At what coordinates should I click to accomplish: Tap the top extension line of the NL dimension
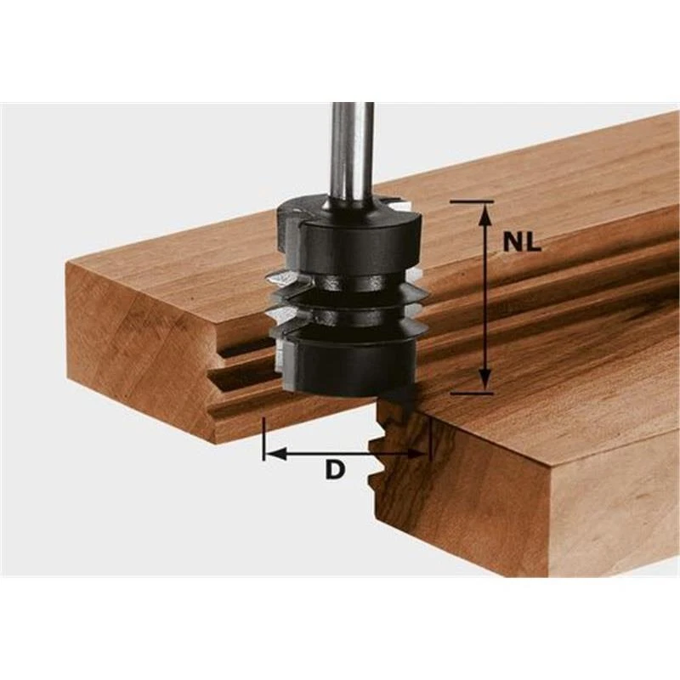[472, 201]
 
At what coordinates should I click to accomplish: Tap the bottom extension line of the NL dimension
[472, 393]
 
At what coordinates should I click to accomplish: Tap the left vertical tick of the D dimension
[264, 438]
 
